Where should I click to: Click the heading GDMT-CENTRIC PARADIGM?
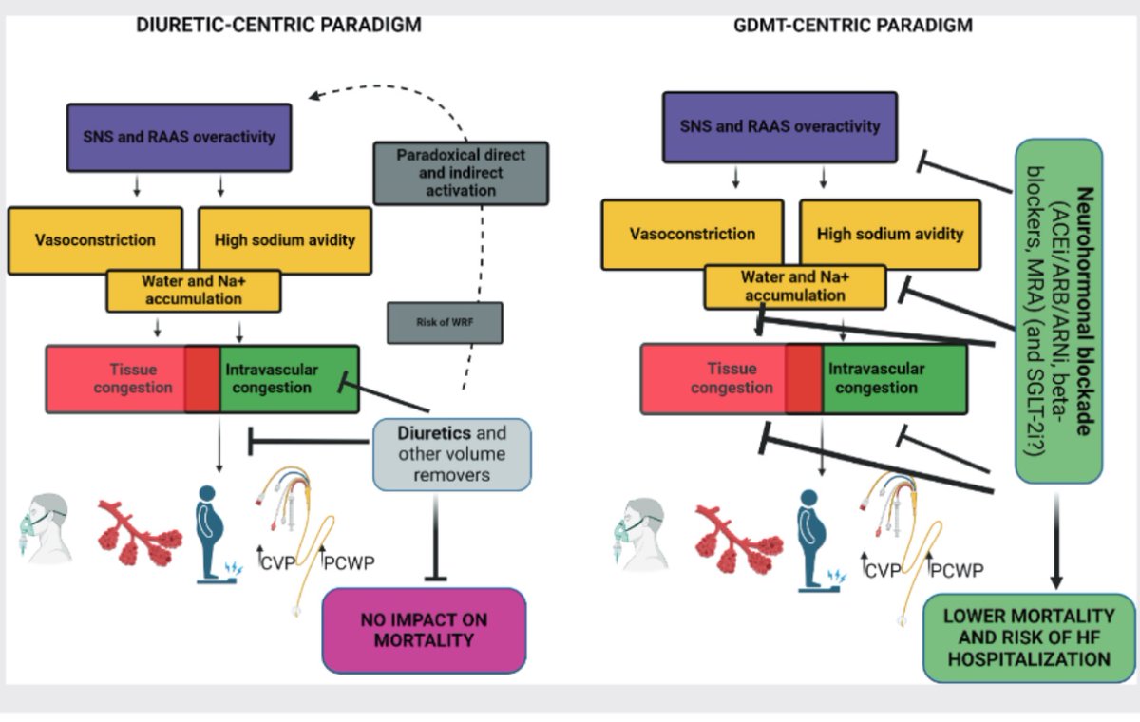pos(852,25)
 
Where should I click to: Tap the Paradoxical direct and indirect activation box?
pos(461,172)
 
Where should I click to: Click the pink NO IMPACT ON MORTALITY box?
pos(424,630)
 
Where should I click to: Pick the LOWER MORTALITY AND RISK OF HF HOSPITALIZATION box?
pos(1030,637)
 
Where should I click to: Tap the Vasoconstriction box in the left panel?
pos(94,238)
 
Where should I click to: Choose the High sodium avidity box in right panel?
pos(889,234)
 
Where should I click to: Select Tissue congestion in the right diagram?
pos(722,378)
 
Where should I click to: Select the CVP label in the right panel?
pos(883,570)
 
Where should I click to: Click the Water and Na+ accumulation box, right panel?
pos(794,286)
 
